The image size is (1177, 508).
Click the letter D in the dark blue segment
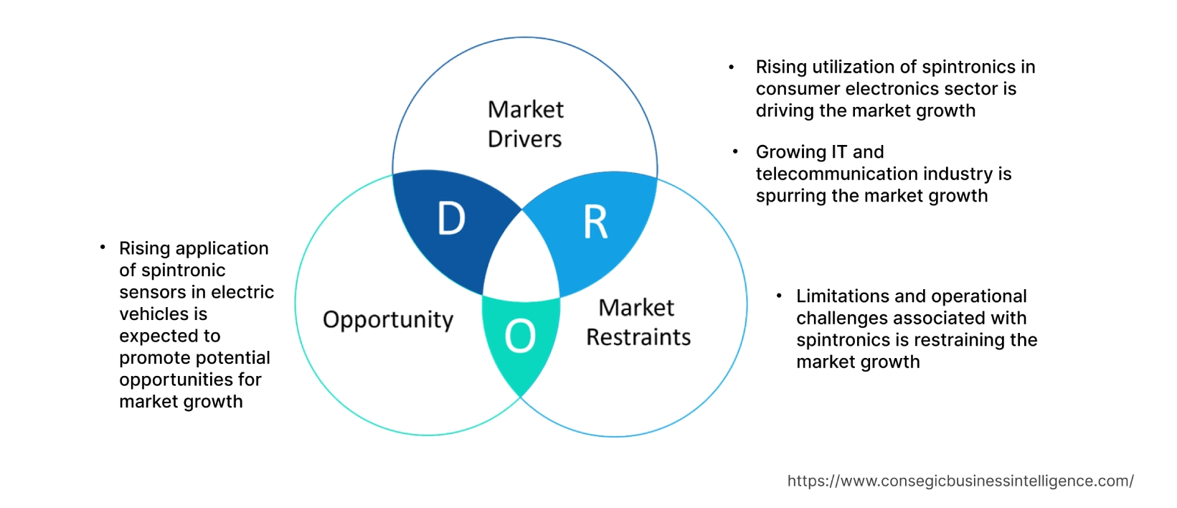click(451, 218)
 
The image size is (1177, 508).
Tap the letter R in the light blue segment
click(595, 222)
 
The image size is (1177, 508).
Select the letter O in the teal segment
click(520, 336)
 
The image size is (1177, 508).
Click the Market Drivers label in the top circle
click(525, 124)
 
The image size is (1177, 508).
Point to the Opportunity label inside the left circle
click(388, 319)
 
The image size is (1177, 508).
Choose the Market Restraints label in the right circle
click(638, 322)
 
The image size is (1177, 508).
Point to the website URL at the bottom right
click(960, 481)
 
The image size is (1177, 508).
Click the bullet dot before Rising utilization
click(732, 67)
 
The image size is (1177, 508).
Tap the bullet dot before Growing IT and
click(735, 151)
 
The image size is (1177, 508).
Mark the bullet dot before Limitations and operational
click(779, 296)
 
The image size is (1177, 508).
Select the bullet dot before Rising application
click(103, 248)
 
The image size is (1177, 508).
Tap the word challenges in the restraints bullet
click(842, 318)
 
